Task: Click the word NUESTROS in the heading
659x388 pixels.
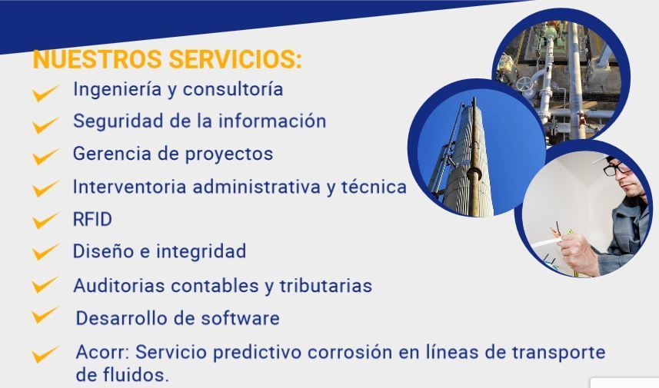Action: pyautogui.click(x=97, y=59)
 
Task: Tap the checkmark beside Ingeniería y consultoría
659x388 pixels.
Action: pyautogui.click(x=45, y=93)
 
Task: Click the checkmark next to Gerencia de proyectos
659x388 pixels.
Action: pyautogui.click(x=45, y=157)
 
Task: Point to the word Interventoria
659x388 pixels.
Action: pyautogui.click(x=129, y=187)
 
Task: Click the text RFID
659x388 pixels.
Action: pyautogui.click(x=92, y=219)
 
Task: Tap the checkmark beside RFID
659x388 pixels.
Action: pyautogui.click(x=45, y=221)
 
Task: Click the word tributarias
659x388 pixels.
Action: pyautogui.click(x=326, y=286)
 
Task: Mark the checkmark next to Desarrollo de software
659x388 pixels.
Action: pyautogui.click(x=45, y=315)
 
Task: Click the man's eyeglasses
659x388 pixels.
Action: pyautogui.click(x=616, y=168)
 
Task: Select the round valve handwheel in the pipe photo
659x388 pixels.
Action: pyautogui.click(x=525, y=85)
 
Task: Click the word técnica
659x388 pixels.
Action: pyautogui.click(x=374, y=187)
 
